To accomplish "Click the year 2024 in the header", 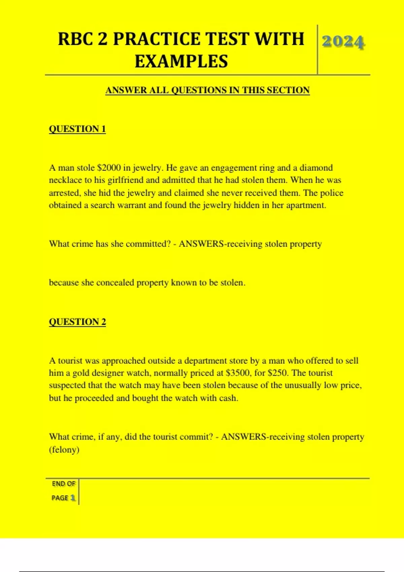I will tap(343, 42).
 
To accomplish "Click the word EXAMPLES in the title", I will tap(181, 62).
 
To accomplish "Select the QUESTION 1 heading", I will tap(77, 129).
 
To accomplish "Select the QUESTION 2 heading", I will tap(77, 322).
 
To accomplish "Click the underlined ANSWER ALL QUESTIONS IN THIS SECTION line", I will tap(207, 90).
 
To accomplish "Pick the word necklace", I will tap(65, 180).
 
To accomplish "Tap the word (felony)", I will tap(64, 450).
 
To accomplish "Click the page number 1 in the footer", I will tap(73, 498).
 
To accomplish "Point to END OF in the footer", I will tap(63, 484).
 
